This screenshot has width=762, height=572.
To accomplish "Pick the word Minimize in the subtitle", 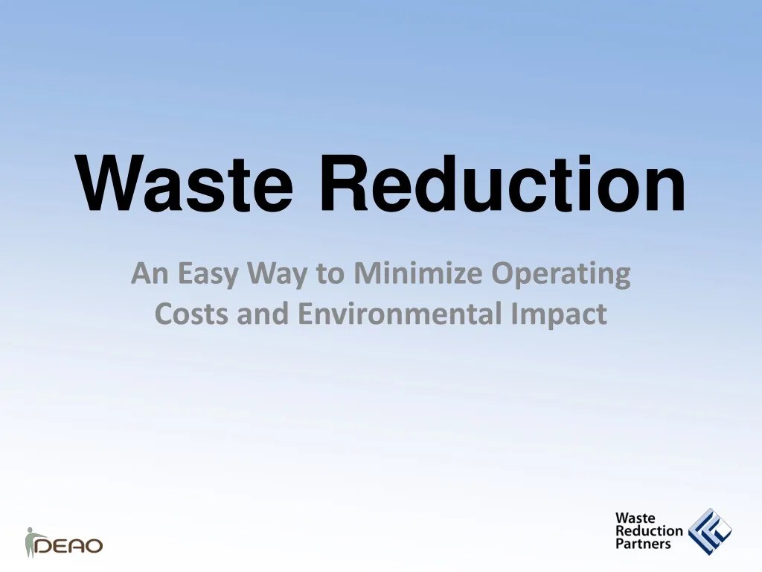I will (418, 274).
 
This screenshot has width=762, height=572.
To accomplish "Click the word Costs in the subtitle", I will (193, 314).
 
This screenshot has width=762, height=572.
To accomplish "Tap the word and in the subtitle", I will (264, 314).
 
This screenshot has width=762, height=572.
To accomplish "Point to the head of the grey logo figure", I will (31, 530).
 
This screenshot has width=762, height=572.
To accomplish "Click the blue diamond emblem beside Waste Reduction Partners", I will (709, 531).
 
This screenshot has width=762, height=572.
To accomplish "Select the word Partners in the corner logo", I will (643, 544).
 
